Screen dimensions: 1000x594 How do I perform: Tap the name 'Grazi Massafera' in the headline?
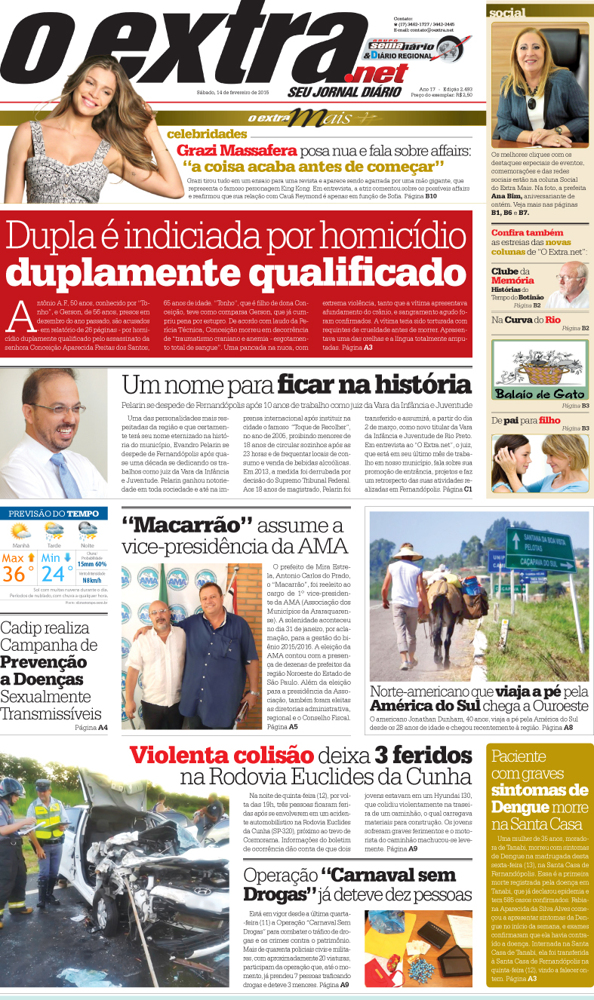(226, 150)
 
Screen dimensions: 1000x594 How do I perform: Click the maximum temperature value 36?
(14, 573)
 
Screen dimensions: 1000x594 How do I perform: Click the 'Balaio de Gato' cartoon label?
(539, 394)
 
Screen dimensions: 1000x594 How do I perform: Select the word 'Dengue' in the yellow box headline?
(518, 807)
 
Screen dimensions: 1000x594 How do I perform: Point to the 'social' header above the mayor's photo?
(507, 13)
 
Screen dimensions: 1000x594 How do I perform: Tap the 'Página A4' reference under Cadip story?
(91, 728)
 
